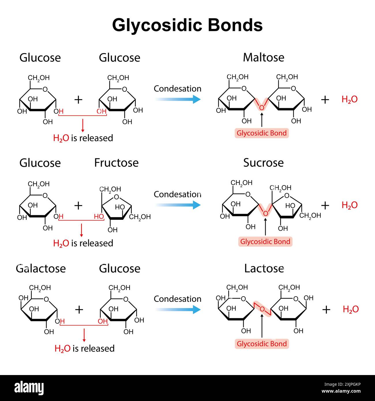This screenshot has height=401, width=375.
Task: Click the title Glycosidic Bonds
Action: click(187, 25)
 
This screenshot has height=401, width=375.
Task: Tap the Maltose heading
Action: click(263, 57)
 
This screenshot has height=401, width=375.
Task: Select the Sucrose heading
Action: click(263, 163)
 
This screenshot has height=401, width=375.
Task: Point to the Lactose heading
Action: click(264, 268)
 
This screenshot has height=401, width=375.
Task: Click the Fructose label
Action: click(116, 163)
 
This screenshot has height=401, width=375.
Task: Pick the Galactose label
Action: click(41, 268)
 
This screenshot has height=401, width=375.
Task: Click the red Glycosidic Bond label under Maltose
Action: click(262, 133)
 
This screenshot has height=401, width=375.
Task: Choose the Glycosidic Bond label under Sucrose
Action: click(265, 241)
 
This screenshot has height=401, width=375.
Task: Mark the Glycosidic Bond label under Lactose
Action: click(262, 344)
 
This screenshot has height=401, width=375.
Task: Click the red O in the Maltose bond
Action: click(262, 108)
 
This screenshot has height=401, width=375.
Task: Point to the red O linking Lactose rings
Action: click(262, 309)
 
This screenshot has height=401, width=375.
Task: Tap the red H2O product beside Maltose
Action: click(349, 100)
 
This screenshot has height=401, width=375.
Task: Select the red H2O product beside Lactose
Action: click(350, 310)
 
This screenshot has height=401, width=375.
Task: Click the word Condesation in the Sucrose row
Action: click(177, 194)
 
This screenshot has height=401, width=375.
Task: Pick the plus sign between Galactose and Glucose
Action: click(79, 310)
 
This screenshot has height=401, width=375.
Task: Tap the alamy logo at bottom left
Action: click(29, 388)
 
